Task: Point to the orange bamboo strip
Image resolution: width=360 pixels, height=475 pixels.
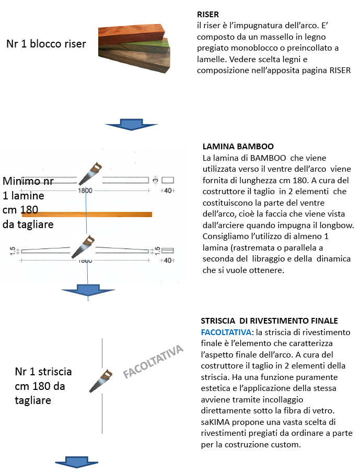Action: pyautogui.click(x=87, y=214)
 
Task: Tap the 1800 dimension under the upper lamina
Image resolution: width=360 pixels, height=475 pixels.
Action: pyautogui.click(x=85, y=191)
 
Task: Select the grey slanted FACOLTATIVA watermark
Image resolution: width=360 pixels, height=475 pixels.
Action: pyautogui.click(x=154, y=361)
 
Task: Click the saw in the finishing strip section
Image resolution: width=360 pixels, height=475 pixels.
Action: pyautogui.click(x=101, y=380)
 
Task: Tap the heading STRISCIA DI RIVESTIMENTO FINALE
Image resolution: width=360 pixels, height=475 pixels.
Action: pyautogui.click(x=269, y=320)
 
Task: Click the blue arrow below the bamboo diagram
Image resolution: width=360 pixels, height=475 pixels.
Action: pyautogui.click(x=88, y=291)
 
